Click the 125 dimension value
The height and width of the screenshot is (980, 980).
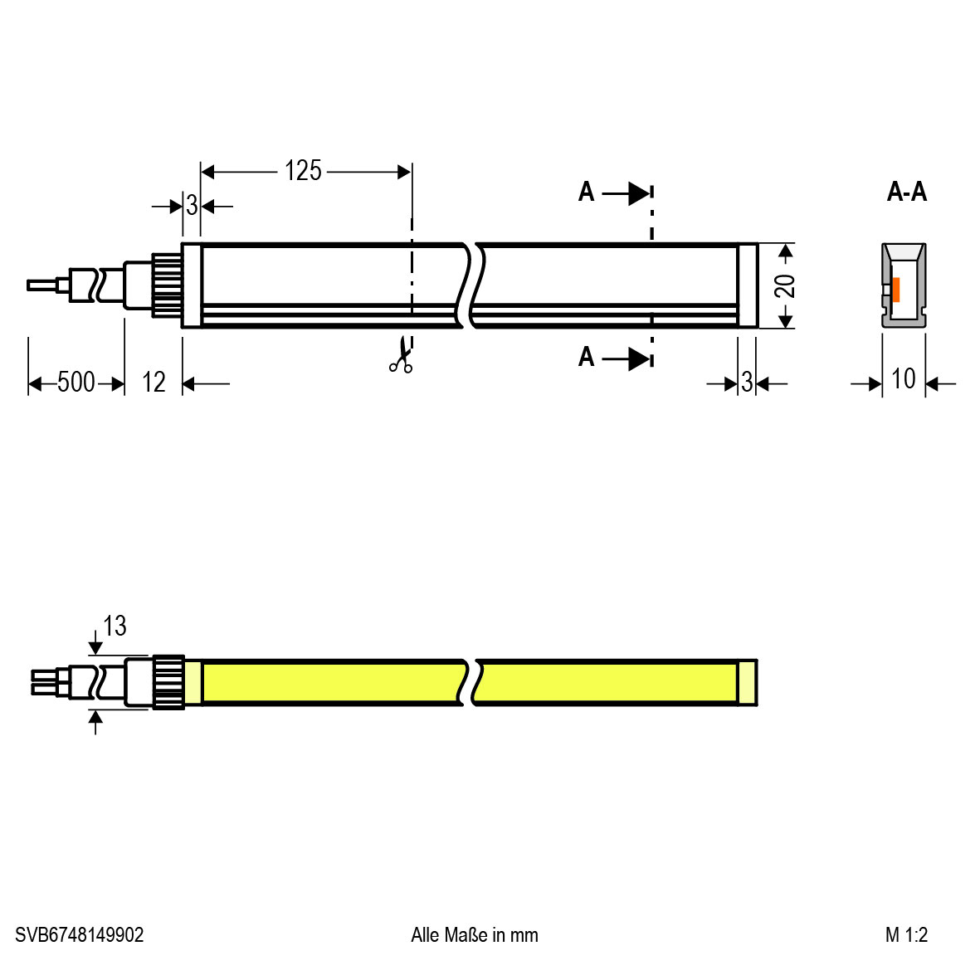303,171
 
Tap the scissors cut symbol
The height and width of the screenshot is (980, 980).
402,356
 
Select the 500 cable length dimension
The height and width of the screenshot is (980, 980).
76,382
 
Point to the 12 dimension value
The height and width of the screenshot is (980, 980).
154,382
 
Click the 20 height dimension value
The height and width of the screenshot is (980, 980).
784,285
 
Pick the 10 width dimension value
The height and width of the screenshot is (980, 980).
903,378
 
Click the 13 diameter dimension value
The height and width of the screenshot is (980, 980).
115,626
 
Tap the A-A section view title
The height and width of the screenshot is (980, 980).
907,191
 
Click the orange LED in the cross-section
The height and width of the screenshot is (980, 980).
895,290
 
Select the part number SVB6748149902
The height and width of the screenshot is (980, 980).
80,935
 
